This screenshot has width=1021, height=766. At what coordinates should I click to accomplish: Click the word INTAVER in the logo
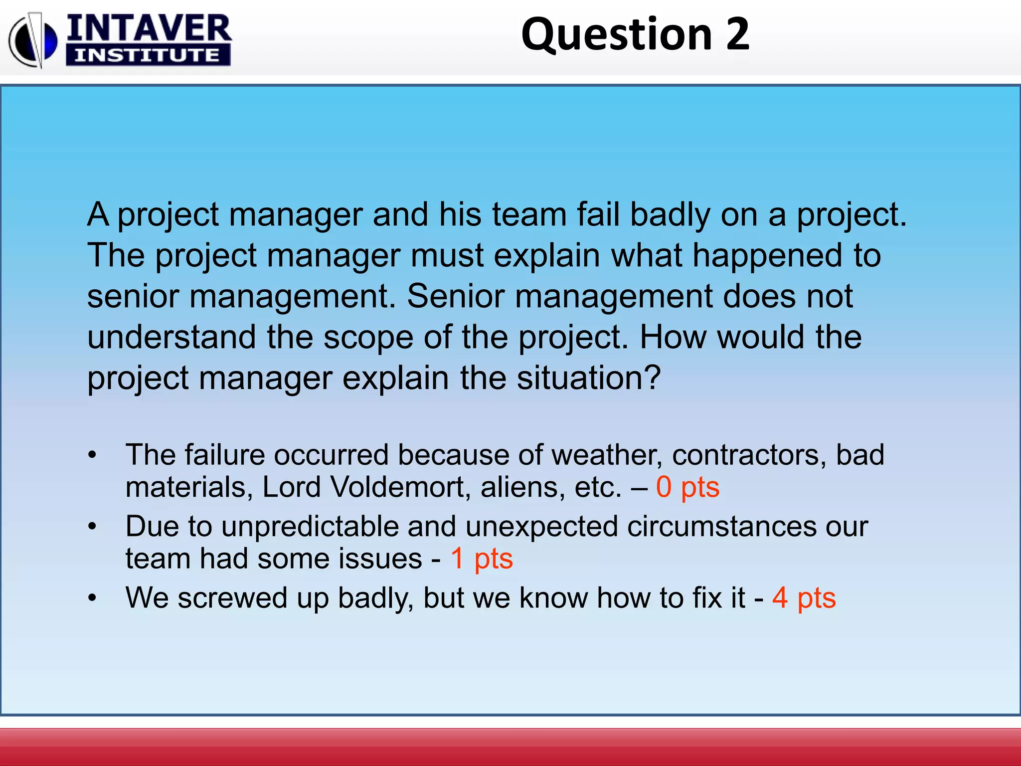coord(149,28)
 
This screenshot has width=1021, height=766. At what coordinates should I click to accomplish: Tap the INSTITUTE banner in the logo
coord(148,55)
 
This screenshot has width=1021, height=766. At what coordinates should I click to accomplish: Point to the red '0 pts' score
coord(687,487)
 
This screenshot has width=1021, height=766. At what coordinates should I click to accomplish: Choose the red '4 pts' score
coord(804,597)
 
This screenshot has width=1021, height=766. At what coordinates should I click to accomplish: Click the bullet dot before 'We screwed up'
coord(92,598)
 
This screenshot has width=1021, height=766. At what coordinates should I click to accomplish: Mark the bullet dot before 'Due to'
coord(92,527)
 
